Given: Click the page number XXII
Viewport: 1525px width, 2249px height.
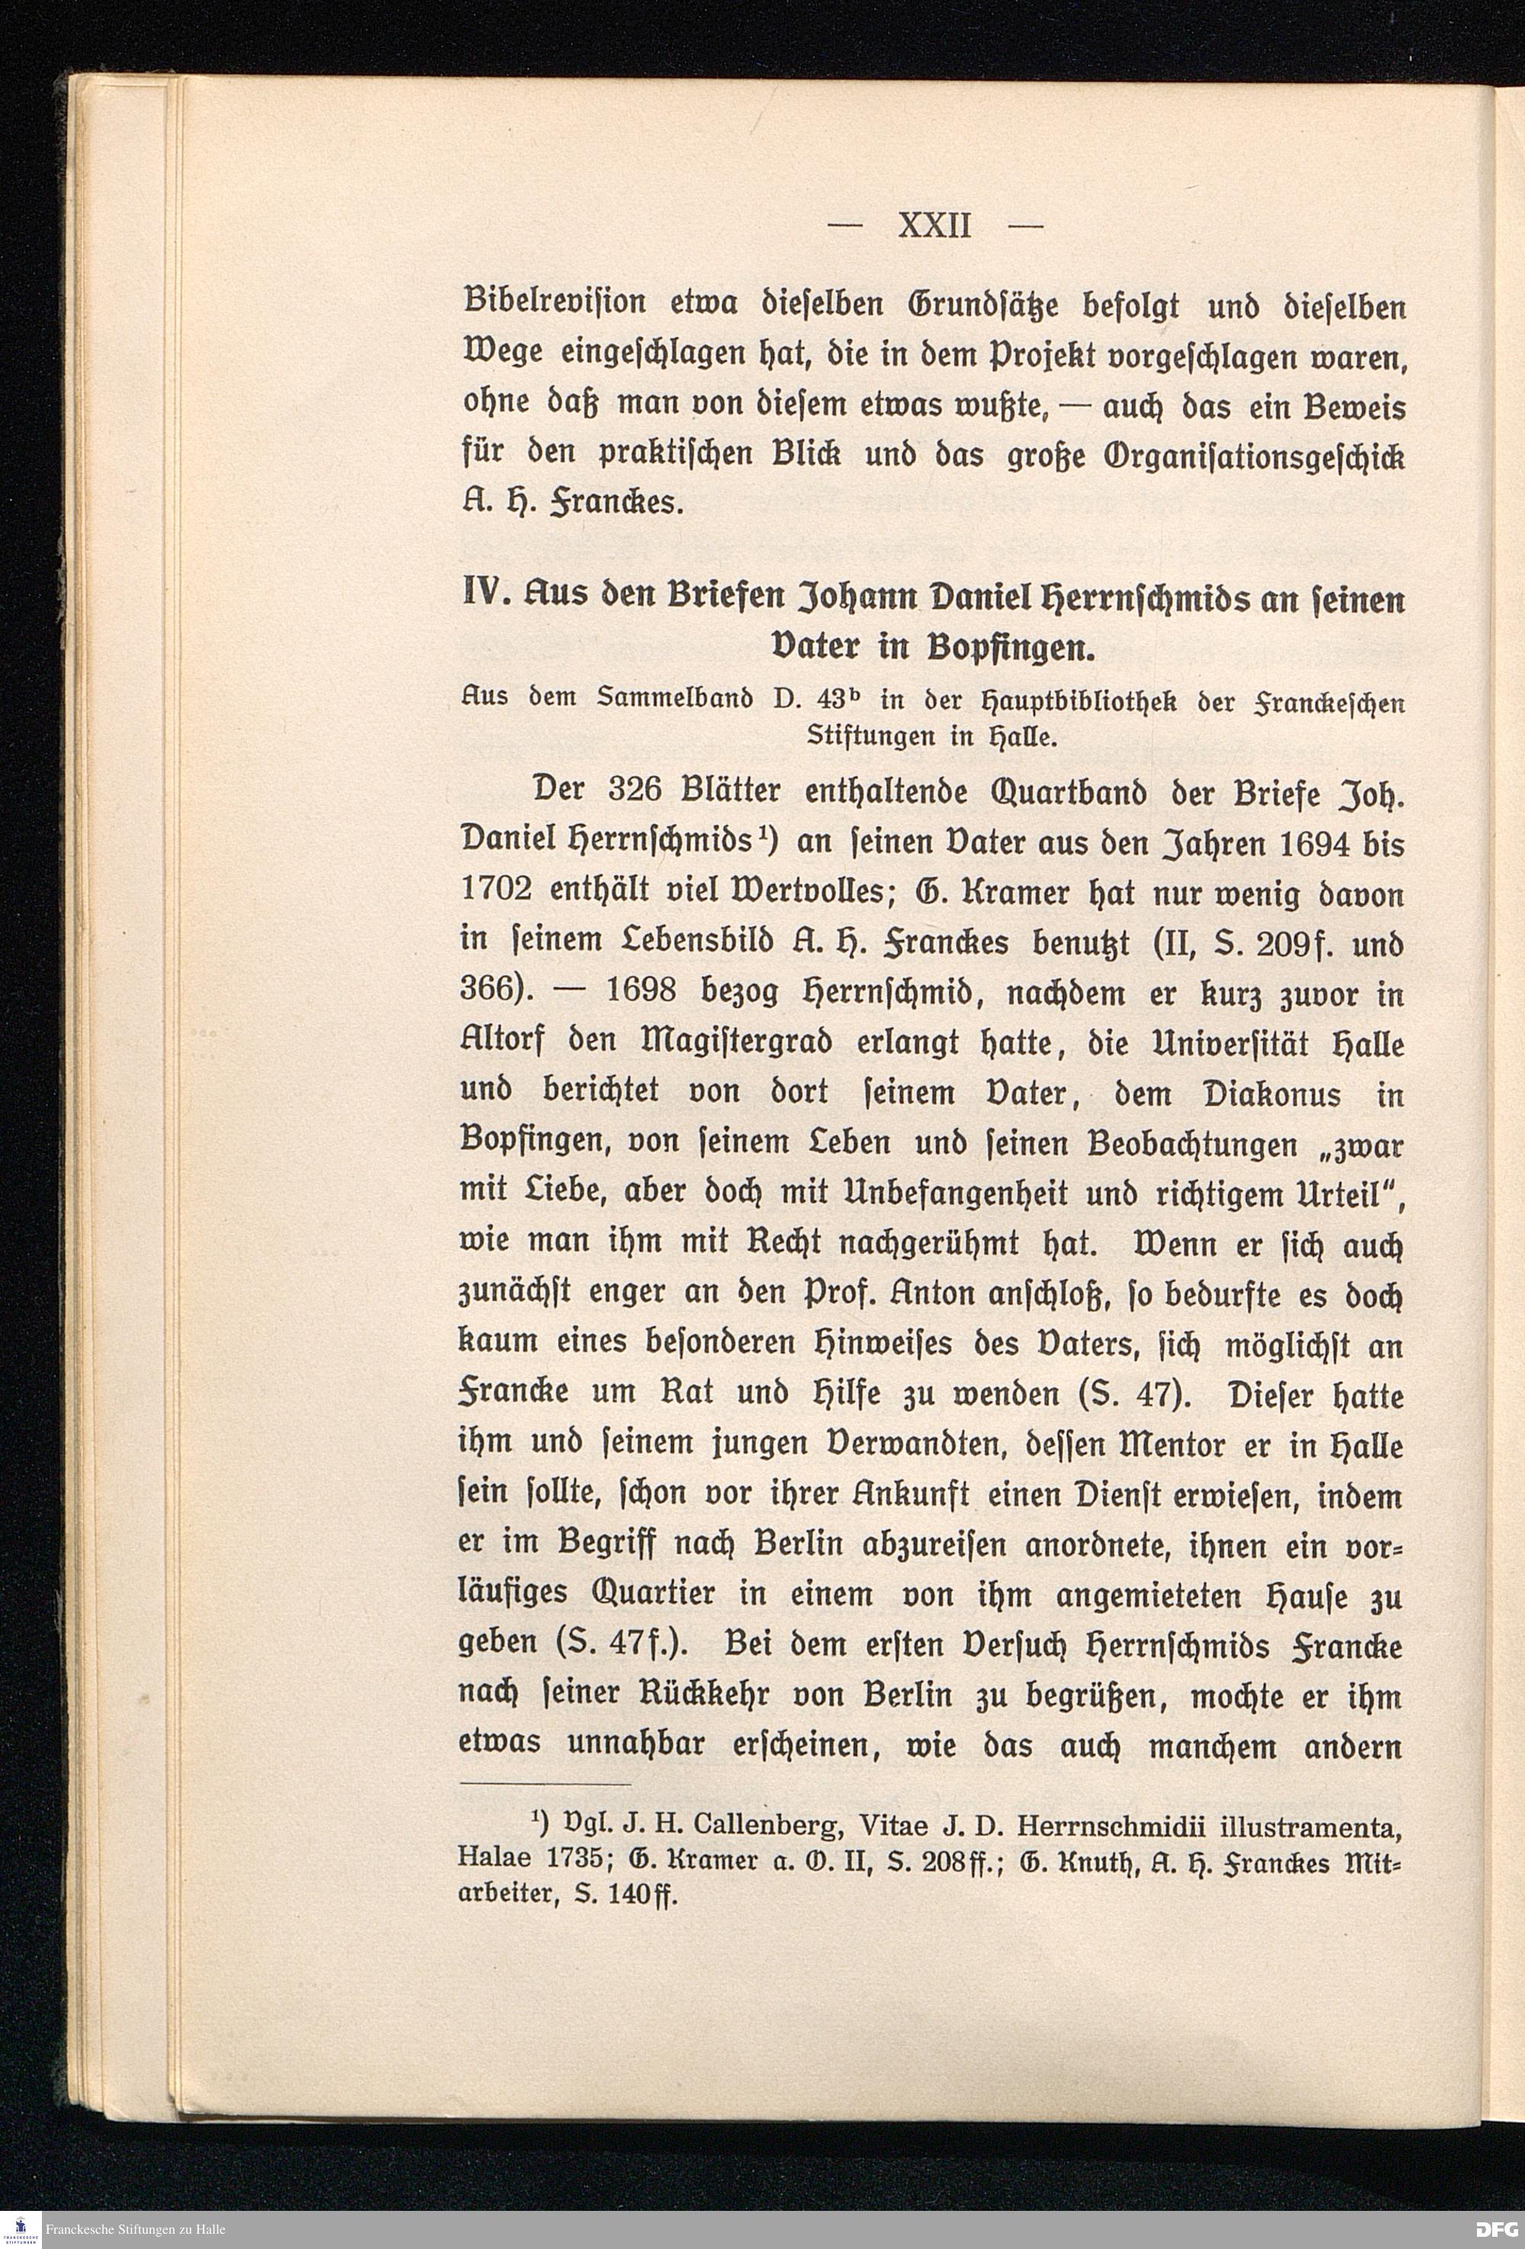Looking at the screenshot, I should click(934, 226).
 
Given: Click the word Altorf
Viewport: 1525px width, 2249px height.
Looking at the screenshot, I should click(499, 1045).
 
